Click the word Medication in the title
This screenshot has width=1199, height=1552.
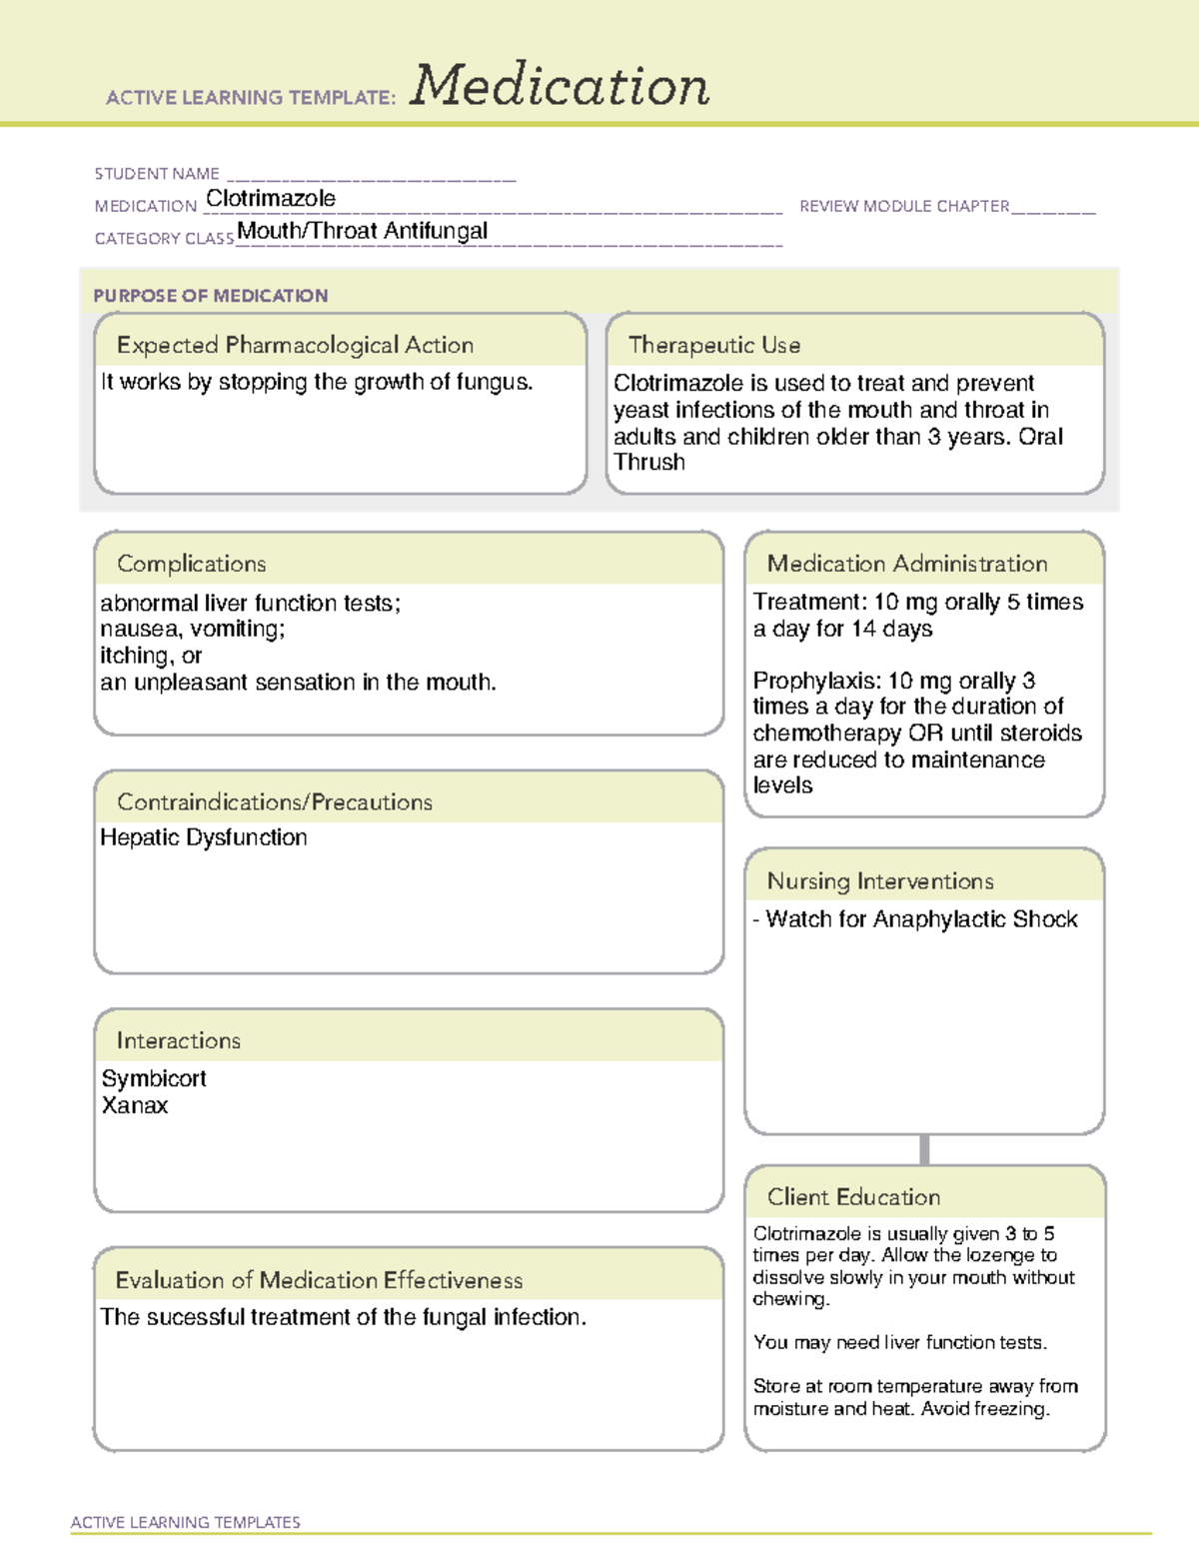tap(560, 86)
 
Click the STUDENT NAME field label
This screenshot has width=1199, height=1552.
tap(157, 174)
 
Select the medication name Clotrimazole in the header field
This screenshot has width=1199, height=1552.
tap(271, 199)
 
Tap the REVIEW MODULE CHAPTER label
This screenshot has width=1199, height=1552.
tap(904, 206)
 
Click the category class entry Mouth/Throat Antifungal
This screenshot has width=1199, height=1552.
tap(362, 231)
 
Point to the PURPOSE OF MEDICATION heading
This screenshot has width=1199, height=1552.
tap(211, 296)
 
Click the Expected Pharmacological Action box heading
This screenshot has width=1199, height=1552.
tap(295, 345)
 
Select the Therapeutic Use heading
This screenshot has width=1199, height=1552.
tap(714, 345)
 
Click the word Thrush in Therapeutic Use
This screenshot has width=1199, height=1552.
tap(649, 463)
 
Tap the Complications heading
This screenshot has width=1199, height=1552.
tap(192, 564)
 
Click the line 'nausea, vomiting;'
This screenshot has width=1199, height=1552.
tap(193, 629)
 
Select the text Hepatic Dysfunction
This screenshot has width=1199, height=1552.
tap(204, 837)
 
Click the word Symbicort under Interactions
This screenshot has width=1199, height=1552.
tap(154, 1078)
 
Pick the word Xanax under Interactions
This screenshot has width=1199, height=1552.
tap(135, 1105)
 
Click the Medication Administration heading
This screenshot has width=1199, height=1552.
tap(907, 564)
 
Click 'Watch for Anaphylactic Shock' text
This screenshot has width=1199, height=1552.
tap(920, 919)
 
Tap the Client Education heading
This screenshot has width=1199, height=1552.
tap(853, 1197)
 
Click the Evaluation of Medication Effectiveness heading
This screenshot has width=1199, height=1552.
tap(319, 1280)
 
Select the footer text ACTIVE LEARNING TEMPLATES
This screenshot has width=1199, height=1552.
tap(186, 1522)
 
